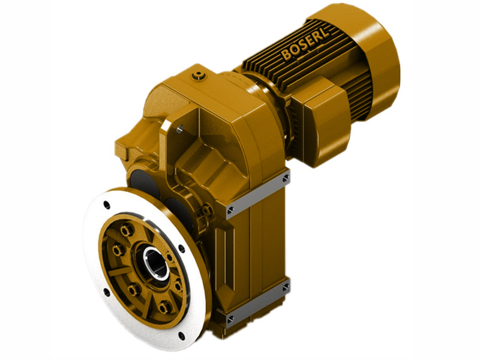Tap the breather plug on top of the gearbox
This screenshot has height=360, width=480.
tap(199, 76)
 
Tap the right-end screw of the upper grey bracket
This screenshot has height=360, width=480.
tap(286, 178)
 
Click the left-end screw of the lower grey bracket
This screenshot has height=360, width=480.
tap(229, 317)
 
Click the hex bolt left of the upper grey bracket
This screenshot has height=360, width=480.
tap(207, 209)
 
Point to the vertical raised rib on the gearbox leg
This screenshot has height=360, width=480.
tap(225, 264)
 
